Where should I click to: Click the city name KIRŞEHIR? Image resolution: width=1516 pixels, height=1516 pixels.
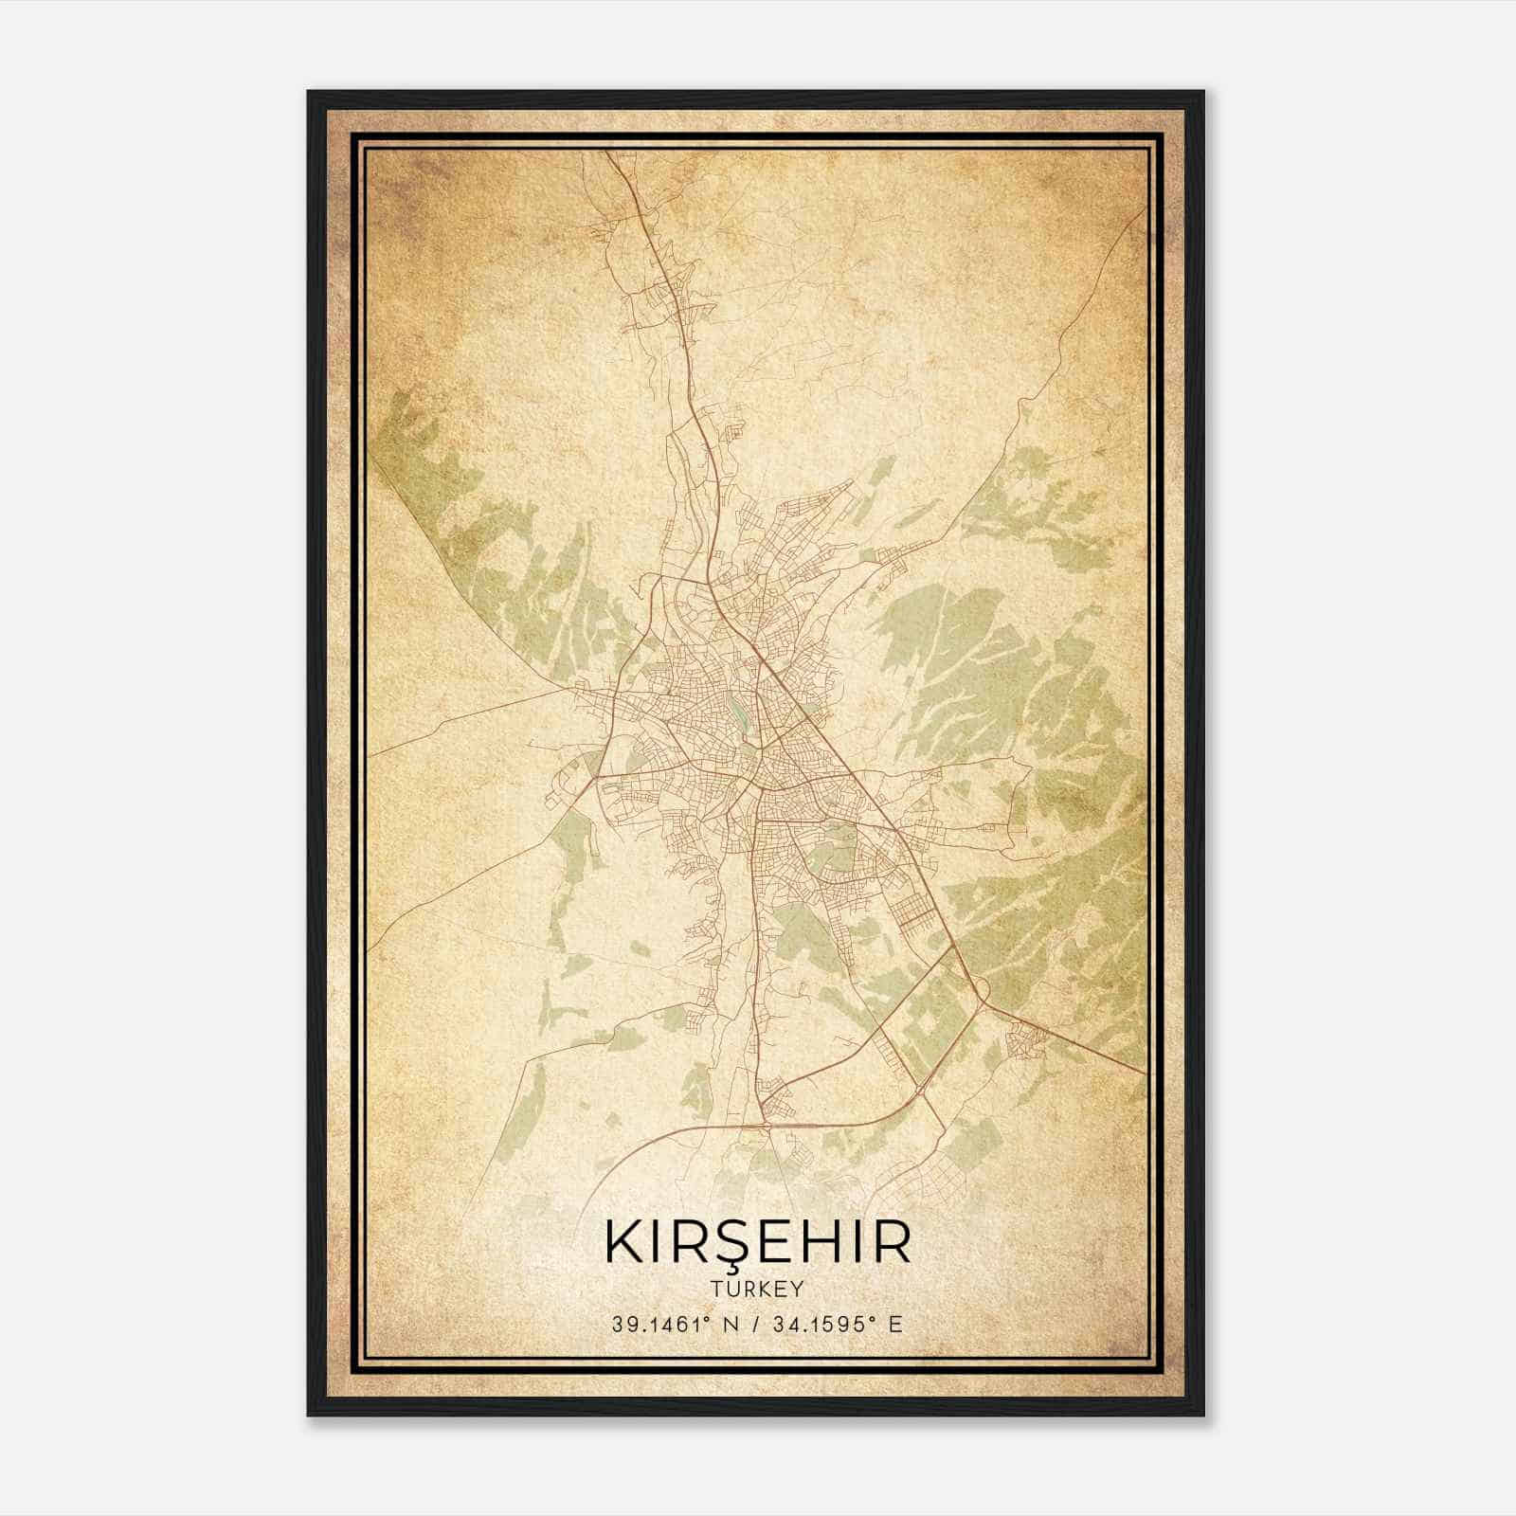pos(758,1242)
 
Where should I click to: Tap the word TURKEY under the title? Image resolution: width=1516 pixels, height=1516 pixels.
pos(758,1290)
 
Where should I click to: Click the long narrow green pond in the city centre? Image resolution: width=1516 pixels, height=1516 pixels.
pos(738,715)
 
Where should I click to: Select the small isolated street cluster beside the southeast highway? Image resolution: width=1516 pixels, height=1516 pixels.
pos(1028,1042)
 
